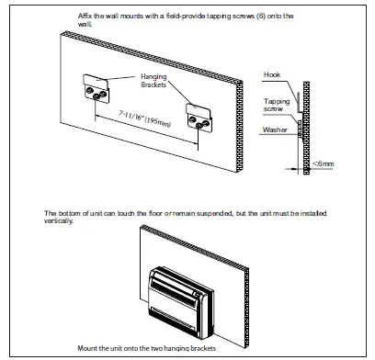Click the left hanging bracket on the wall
[x=96, y=90]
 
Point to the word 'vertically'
[x=62, y=220]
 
